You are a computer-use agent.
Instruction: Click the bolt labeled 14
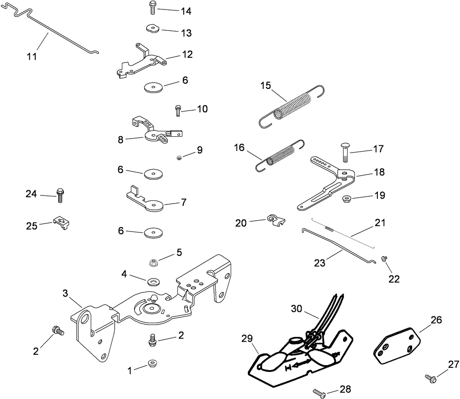[152, 8]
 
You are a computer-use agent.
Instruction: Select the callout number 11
[32, 56]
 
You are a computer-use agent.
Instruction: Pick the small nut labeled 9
[179, 158]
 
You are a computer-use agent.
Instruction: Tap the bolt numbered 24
[60, 195]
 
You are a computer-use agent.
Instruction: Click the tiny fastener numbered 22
[384, 258]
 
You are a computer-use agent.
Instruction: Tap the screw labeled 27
[431, 378]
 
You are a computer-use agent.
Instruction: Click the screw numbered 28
[319, 394]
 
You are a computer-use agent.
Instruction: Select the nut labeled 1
[152, 364]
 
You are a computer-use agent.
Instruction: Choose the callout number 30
[296, 309]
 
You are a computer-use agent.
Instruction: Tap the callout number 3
[65, 294]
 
